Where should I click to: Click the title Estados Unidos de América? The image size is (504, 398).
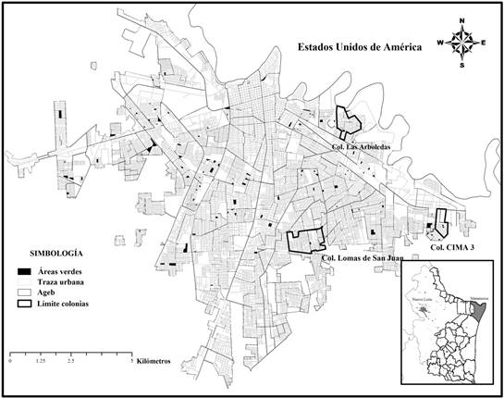[x=353, y=44]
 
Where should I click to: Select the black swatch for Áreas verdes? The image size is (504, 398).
[x=23, y=270]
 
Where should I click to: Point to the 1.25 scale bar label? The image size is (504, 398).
[x=40, y=362]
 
